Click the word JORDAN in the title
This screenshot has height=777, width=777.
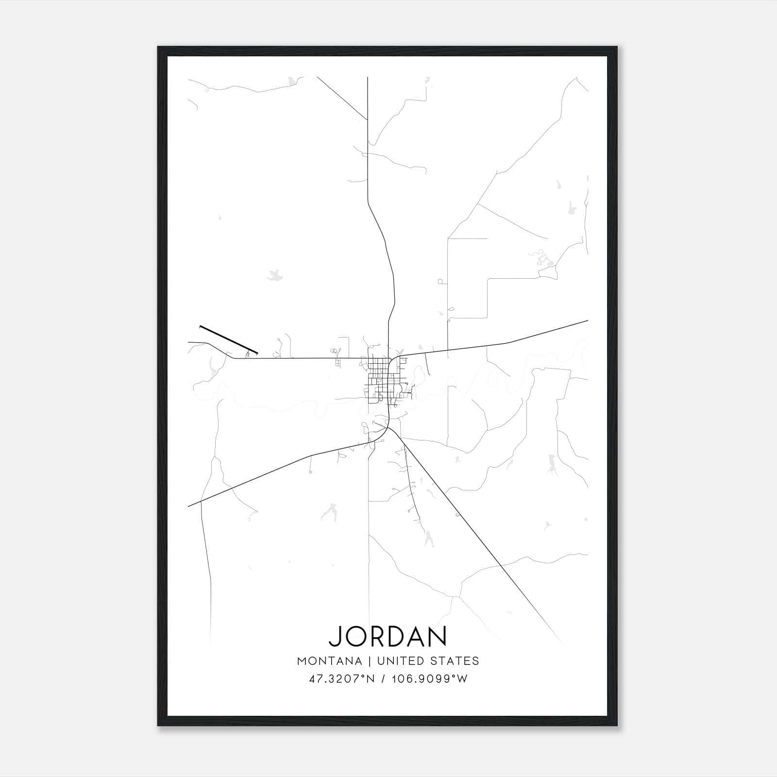coord(388,637)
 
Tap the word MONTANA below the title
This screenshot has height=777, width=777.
coord(329,661)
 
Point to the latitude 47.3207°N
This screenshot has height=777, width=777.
coord(341,679)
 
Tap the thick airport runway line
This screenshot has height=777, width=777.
coord(228,339)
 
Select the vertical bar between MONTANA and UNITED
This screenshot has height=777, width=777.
coord(369,661)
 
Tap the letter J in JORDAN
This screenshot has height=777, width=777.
coord(335,637)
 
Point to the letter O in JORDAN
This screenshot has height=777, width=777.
coord(354,637)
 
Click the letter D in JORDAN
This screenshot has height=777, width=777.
coord(395,637)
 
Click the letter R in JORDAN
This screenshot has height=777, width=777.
coord(375,637)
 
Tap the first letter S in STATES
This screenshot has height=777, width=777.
coord(437,661)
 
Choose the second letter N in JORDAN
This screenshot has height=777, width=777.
coord(438,637)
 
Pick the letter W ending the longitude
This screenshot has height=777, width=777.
coord(463,679)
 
